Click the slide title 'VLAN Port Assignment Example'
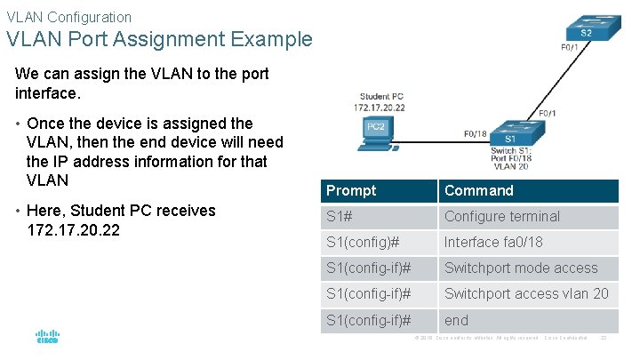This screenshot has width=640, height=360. coord(159,39)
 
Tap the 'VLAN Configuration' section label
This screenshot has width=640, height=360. coord(68,16)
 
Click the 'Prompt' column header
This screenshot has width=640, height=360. coord(351,190)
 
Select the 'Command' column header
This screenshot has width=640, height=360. coord(479,190)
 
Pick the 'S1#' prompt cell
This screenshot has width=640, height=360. coord(338,216)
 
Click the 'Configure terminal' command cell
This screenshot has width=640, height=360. coord(502,216)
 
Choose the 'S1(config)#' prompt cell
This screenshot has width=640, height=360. coord(363,242)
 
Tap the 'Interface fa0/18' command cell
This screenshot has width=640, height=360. coord(493,242)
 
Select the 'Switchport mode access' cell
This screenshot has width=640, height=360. coord(521,268)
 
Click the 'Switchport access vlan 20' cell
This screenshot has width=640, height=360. coord(526,293)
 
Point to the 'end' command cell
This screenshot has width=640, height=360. coord(456,319)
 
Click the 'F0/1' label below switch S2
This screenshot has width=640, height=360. coord(570,47)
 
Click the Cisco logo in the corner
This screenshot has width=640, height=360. coord(47,336)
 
